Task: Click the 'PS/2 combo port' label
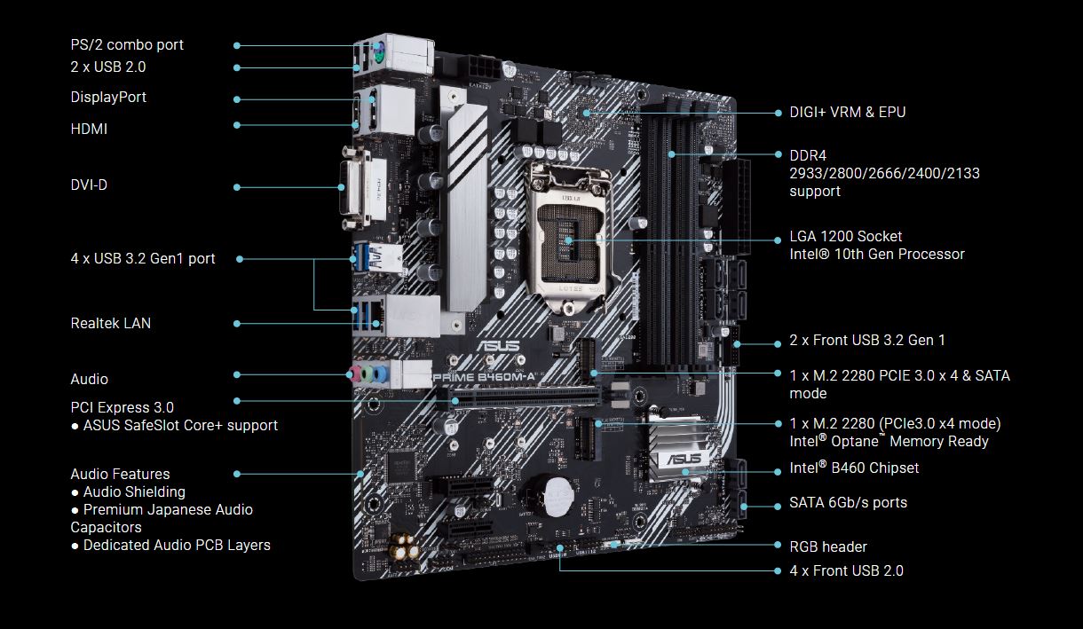point(127,45)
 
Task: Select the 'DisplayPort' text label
point(108,97)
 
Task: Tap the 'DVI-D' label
point(89,185)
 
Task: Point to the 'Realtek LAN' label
point(111,323)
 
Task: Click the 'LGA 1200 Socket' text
point(846,236)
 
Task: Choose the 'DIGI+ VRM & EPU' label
point(848,112)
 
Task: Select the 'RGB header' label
point(828,546)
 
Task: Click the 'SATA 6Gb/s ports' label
point(848,502)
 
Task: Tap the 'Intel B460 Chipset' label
point(854,468)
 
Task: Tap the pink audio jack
point(354,373)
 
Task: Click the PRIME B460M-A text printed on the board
point(485,377)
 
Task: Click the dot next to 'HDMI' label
point(237,125)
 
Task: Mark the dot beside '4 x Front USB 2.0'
point(778,570)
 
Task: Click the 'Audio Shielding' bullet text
point(134,491)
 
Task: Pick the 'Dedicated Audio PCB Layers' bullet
point(177,545)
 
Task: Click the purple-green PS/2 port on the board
point(378,53)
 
